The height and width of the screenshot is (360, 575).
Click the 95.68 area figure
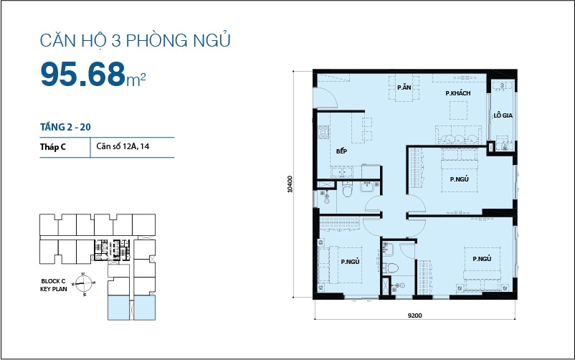tap(83, 74)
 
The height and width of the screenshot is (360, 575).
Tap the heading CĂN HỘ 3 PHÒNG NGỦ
tap(135, 40)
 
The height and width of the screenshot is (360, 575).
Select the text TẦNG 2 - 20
tap(65, 127)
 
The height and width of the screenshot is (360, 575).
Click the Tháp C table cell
tap(53, 147)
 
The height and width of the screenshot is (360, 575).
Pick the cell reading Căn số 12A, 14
tap(123, 146)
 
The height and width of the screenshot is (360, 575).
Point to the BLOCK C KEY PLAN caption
tap(54, 285)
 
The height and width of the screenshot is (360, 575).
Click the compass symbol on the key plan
tap(85, 284)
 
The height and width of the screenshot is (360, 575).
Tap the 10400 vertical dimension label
tap(290, 184)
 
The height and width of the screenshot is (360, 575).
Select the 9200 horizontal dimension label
tap(414, 316)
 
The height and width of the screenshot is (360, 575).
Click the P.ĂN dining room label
tap(404, 87)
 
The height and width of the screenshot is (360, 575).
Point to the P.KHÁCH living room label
tap(457, 93)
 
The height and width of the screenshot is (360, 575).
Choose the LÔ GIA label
tap(503, 115)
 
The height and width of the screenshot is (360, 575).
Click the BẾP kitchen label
tap(341, 151)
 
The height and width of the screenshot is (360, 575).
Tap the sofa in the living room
tap(458, 135)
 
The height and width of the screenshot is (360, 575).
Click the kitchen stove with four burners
tap(323, 132)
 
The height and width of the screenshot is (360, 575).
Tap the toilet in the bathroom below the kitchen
tap(347, 189)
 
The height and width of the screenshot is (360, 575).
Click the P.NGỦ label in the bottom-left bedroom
tap(350, 262)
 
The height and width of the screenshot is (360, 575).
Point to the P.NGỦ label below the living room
tap(459, 179)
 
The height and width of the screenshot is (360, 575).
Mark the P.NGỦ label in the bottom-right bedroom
tap(482, 259)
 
